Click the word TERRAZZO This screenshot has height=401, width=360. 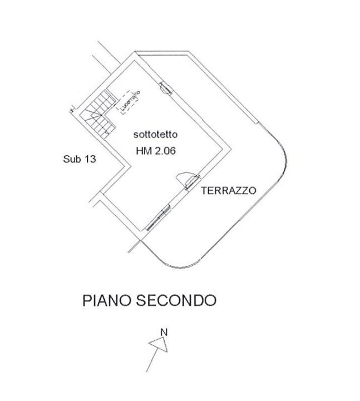(x=228, y=190)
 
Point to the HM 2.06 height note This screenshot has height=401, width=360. (x=156, y=150)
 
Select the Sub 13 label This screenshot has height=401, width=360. (x=80, y=159)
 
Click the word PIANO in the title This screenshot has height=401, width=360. (x=106, y=300)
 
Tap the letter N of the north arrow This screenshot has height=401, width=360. (x=164, y=332)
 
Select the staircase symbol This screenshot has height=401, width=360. (x=98, y=115)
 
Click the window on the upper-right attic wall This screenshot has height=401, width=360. (x=165, y=87)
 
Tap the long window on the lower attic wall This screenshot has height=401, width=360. (x=158, y=217)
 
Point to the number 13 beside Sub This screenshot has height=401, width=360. (x=90, y=159)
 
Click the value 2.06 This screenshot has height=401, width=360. (x=165, y=150)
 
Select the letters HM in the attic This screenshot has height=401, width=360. (x=143, y=150)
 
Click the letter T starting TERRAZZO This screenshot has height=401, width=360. (x=204, y=190)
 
